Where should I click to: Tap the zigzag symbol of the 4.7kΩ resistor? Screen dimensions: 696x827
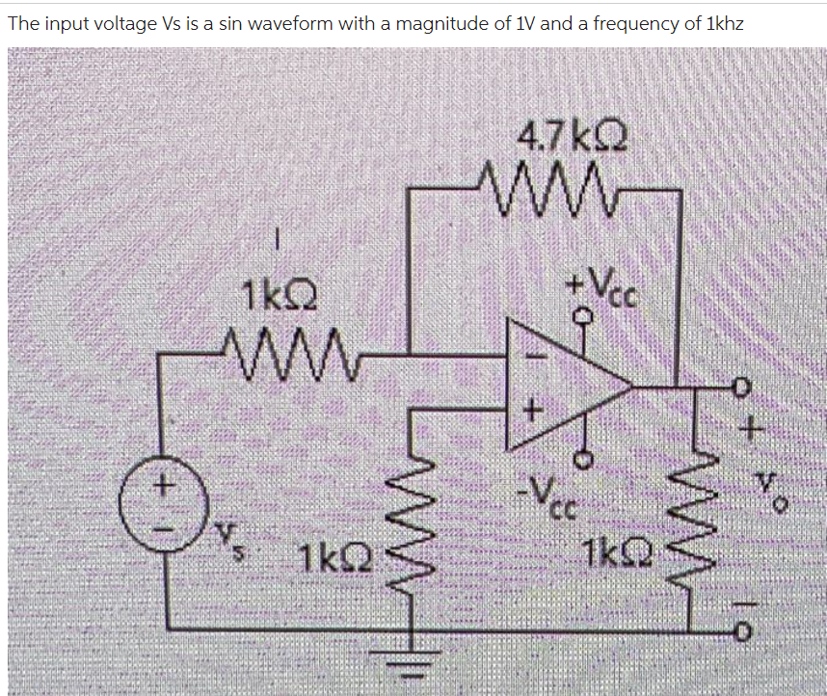[x=541, y=179]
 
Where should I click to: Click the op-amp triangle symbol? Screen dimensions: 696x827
[x=564, y=386]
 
